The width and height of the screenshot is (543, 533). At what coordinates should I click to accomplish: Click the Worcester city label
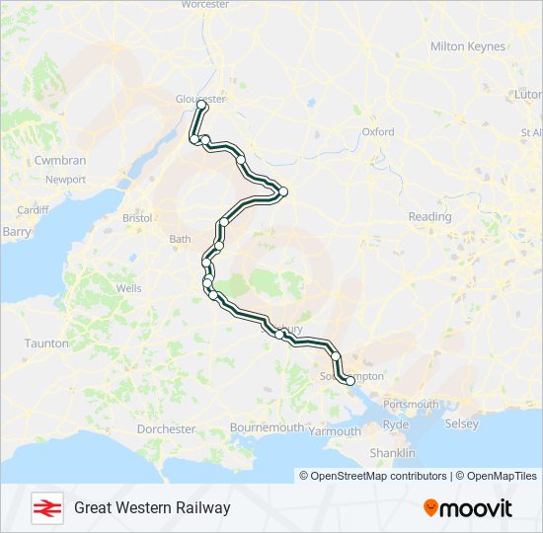(205, 5)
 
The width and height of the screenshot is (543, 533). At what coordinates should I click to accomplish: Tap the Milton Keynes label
(468, 46)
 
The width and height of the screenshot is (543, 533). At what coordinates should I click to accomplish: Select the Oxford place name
(378, 131)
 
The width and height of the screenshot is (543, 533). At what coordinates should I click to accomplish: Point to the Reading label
(429, 216)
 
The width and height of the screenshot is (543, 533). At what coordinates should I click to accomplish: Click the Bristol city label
(136, 217)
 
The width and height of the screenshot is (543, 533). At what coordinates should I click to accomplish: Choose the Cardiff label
(33, 210)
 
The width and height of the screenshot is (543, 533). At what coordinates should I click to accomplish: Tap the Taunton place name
(48, 343)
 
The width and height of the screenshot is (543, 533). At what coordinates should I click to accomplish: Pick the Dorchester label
(167, 429)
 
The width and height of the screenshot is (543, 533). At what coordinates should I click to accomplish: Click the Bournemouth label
(267, 427)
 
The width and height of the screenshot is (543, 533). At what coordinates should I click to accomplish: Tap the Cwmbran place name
(59, 160)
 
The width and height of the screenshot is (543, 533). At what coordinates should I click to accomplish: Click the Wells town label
(128, 288)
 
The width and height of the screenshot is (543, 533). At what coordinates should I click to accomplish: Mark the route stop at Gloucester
(200, 104)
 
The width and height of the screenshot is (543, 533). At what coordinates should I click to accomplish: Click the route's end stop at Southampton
(349, 380)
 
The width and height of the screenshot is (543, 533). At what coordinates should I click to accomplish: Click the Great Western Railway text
(152, 507)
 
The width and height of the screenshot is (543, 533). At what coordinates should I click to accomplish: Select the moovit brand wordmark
(468, 508)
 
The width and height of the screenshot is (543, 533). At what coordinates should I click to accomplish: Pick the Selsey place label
(462, 423)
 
